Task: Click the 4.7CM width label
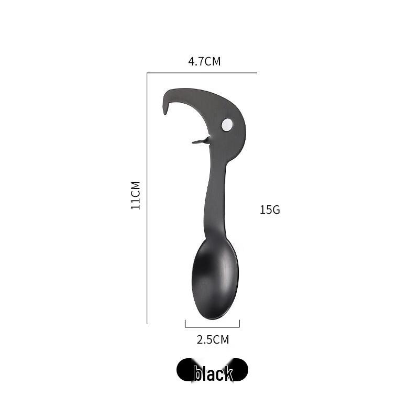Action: tap(204, 61)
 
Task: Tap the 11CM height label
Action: tap(136, 195)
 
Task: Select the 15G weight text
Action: tap(270, 210)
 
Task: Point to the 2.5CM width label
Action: tap(213, 339)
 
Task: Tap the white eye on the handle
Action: tap(227, 125)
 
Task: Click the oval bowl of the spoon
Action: tap(215, 278)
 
